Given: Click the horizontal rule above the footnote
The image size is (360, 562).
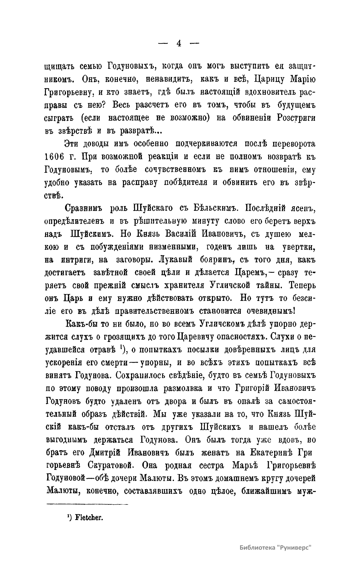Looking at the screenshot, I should [87, 504].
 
